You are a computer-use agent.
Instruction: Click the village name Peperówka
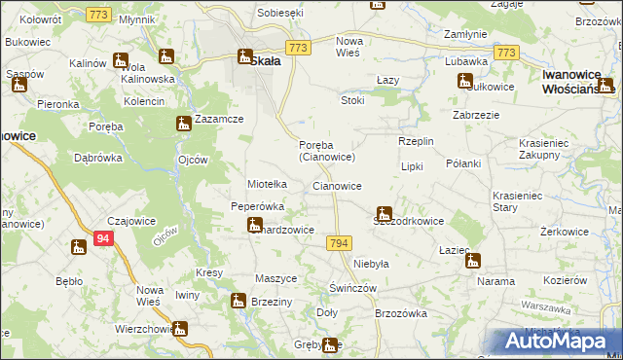257,206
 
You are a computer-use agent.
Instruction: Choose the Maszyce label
275,278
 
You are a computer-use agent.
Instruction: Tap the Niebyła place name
371,264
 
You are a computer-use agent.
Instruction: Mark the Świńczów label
352,289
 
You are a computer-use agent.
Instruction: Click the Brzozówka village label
401,313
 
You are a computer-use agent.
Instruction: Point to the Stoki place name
352,100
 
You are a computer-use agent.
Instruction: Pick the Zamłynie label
465,34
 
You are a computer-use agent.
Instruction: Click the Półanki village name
463,163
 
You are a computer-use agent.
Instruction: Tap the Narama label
495,281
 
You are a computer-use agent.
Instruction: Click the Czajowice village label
132,221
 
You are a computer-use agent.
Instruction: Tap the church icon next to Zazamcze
183,124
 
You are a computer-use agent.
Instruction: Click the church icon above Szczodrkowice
385,212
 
